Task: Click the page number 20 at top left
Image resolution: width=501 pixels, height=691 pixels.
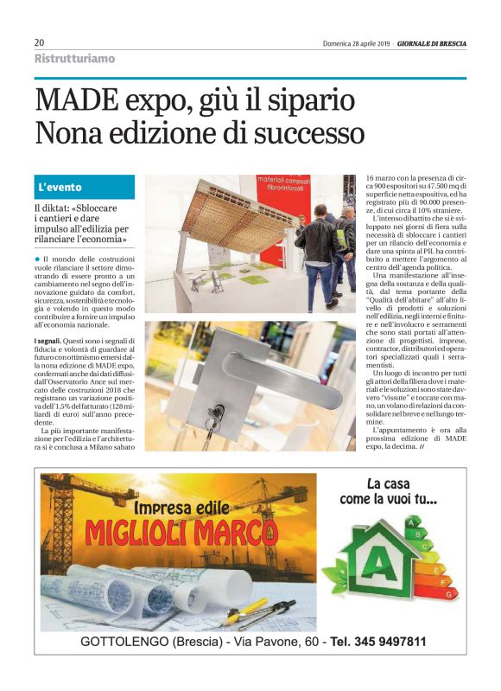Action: coord(40,42)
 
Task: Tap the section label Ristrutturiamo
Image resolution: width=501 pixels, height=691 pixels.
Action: coord(74,59)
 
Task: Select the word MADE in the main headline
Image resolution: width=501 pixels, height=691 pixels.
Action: coord(77,101)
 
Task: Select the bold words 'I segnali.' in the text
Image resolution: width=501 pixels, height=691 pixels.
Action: coord(51,342)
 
